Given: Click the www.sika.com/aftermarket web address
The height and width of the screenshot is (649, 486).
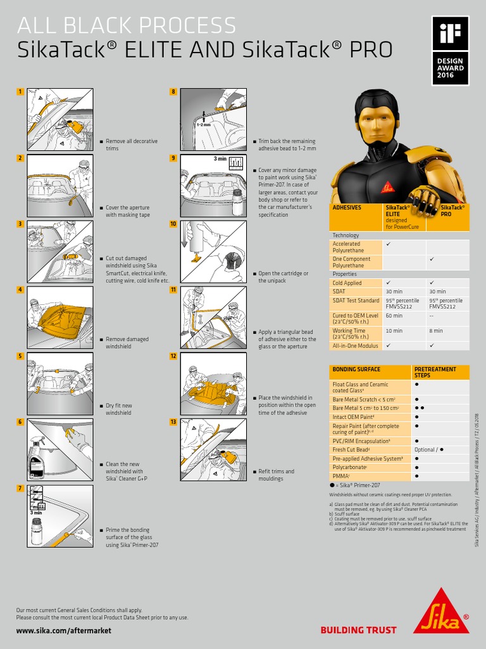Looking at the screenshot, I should [63, 631].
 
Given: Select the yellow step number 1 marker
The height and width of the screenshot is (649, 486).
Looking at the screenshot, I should [20, 92].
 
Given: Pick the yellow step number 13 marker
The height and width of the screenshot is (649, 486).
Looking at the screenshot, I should [173, 421].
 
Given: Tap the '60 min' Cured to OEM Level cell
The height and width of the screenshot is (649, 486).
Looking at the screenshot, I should [394, 315].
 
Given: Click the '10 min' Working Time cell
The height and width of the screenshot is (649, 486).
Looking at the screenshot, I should [394, 330].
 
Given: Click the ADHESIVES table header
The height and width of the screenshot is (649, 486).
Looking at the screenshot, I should [347, 207].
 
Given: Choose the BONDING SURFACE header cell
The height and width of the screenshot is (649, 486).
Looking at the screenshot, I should [356, 369].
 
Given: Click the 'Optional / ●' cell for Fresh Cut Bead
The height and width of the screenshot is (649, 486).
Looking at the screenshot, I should [429, 449].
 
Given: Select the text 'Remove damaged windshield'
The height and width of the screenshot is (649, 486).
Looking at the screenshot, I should [127, 343].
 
